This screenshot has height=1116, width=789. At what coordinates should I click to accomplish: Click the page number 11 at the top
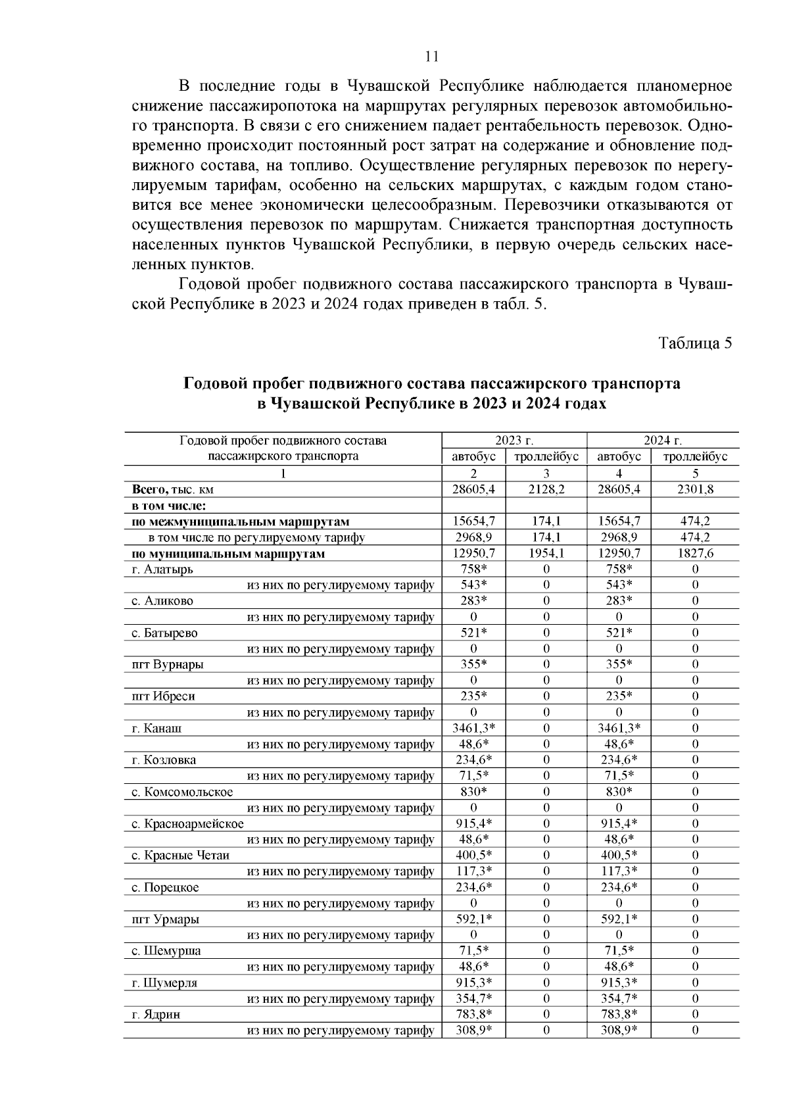coord(431,56)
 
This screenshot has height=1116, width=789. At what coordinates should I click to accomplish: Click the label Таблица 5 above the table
coord(695,343)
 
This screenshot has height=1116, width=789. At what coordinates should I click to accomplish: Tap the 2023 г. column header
coord(514,441)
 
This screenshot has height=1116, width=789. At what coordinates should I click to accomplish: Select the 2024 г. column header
coord(662,441)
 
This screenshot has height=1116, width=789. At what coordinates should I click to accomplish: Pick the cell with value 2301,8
coord(695,490)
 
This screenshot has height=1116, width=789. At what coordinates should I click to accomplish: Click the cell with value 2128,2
coord(546,490)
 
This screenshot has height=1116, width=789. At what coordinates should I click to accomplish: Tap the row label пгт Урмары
coord(165,919)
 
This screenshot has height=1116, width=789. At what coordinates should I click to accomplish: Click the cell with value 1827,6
coord(695,554)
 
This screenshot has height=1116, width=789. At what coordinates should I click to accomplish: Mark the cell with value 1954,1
coord(546,554)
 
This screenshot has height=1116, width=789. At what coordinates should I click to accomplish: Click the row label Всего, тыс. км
coord(173,490)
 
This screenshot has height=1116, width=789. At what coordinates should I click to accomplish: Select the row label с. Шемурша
coord(166,951)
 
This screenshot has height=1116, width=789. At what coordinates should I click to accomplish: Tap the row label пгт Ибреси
coord(163,696)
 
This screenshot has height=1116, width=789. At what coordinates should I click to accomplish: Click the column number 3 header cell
coord(546,474)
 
